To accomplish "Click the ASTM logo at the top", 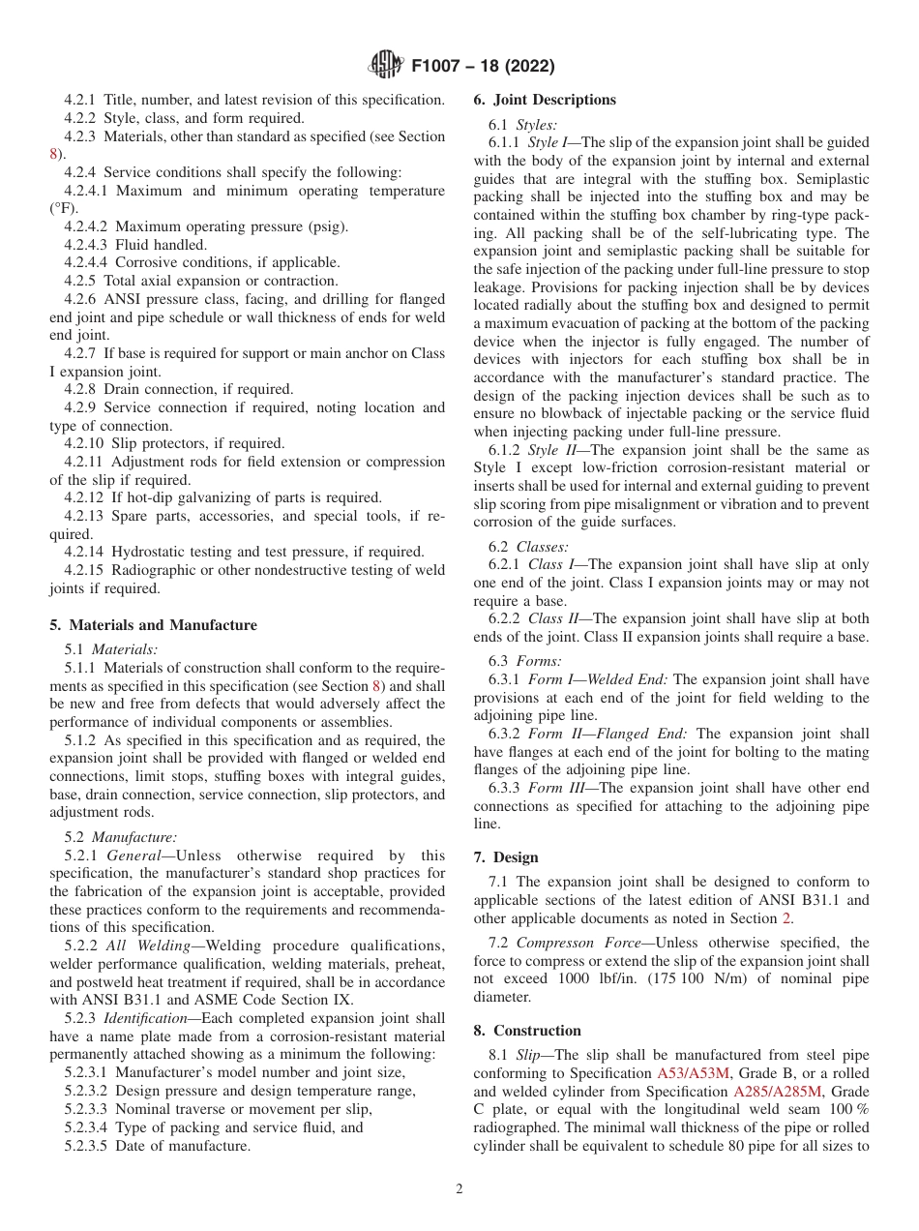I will pos(387,66).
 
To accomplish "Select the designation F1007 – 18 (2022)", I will pos(483,67).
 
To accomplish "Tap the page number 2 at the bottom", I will pos(459,1189).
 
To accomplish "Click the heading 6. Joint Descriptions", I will pos(544,100).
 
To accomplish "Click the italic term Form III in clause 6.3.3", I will pos(558,788).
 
